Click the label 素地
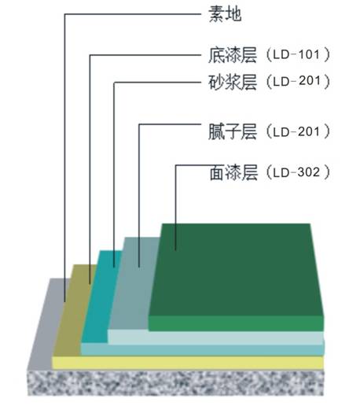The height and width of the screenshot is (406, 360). click(x=225, y=13)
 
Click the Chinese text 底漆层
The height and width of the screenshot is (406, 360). click(x=233, y=55)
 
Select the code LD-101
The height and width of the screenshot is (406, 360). click(x=296, y=54)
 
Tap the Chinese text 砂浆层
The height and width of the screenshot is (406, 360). click(x=233, y=82)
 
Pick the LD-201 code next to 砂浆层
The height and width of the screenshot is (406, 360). click(x=296, y=81)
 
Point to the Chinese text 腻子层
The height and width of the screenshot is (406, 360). click(x=233, y=131)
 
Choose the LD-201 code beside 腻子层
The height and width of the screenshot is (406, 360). click(x=296, y=131)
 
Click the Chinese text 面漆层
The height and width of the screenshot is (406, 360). click(x=233, y=172)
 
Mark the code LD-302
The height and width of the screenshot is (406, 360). click(x=296, y=172)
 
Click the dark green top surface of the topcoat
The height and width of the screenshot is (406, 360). click(x=237, y=270)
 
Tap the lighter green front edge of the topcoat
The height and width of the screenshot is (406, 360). click(x=236, y=323)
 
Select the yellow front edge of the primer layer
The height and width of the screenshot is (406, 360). click(x=188, y=363)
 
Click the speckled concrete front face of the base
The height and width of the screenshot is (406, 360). click(x=175, y=383)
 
